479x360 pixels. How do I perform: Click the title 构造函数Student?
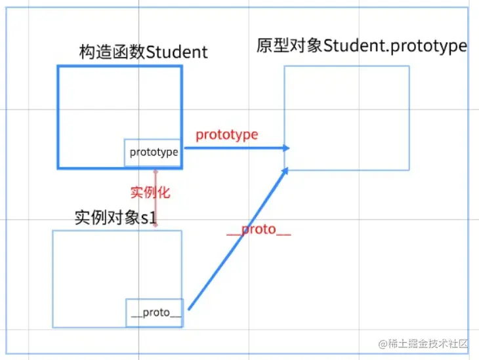[x=143, y=52]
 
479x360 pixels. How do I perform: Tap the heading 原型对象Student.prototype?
[x=362, y=47]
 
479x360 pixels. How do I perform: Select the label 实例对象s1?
[x=118, y=218]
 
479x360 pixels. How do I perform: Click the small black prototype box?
[x=153, y=152]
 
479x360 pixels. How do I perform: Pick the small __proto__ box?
[x=155, y=313]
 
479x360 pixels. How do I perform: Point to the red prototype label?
[x=226, y=134]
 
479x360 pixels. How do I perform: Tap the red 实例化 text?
[x=150, y=191]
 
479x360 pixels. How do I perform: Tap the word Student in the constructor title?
[x=177, y=52]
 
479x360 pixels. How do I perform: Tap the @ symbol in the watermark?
[x=383, y=344]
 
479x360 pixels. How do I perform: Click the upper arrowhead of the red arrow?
[x=156, y=172]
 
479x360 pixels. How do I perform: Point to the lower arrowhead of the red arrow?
[x=156, y=224]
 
